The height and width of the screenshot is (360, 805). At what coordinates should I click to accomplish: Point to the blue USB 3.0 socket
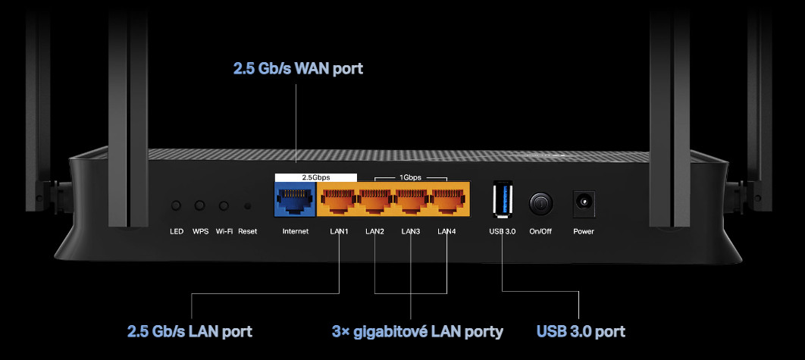[503, 202]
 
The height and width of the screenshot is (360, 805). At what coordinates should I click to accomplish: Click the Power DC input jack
[584, 202]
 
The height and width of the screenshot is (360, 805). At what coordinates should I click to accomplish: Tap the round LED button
[177, 205]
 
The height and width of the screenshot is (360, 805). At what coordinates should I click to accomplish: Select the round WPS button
[200, 205]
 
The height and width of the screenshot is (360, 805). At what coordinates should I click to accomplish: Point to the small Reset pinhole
[247, 205]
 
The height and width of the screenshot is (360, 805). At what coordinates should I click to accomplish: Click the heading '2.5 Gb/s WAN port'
[298, 69]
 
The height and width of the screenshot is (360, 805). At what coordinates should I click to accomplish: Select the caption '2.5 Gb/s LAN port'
[190, 331]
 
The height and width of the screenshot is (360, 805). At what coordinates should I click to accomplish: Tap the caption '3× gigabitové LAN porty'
[417, 331]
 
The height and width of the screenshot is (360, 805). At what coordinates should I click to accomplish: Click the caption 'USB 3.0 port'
[581, 331]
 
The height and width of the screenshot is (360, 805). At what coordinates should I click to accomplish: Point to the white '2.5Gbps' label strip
[315, 177]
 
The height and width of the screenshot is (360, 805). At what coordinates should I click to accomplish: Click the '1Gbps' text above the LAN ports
[411, 177]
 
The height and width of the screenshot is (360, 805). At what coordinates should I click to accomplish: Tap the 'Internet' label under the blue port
[295, 231]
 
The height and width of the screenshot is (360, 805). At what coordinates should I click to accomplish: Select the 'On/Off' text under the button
[540, 231]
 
